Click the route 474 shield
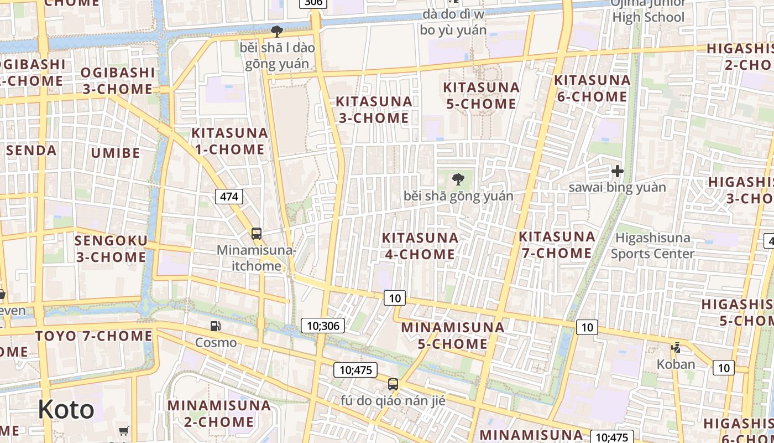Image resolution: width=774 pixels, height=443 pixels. (x=229, y=196)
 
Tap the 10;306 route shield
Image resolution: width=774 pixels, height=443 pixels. (x=323, y=326)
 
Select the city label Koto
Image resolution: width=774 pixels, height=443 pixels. (x=66, y=410)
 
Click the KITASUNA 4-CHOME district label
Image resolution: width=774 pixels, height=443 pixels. (x=420, y=246)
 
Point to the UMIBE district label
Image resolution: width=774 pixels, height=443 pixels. (x=116, y=152)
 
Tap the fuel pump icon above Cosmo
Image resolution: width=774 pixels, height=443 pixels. (x=216, y=327)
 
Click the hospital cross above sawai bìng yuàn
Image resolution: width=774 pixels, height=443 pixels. (x=618, y=171)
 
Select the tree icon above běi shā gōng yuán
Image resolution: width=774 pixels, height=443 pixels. (x=458, y=179)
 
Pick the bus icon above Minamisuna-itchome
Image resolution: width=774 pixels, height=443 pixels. (x=257, y=234)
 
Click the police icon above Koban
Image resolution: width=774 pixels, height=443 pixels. (x=676, y=348)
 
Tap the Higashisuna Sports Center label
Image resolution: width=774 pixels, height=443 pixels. (x=652, y=246)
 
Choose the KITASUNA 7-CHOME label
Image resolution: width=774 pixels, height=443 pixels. (x=557, y=245)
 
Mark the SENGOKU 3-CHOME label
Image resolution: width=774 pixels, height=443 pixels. (x=111, y=249)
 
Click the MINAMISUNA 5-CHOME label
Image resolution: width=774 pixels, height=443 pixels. (x=453, y=335)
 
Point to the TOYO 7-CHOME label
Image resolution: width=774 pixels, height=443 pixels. (x=94, y=336)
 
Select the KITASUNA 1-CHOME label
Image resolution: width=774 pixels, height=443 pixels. (x=229, y=141)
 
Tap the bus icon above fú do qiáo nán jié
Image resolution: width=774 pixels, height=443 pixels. (x=393, y=384)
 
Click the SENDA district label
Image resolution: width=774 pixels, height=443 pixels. (x=32, y=150)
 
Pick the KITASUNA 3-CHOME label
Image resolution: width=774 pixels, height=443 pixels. (x=374, y=110)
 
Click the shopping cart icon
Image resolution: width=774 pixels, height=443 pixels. (x=124, y=431)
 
